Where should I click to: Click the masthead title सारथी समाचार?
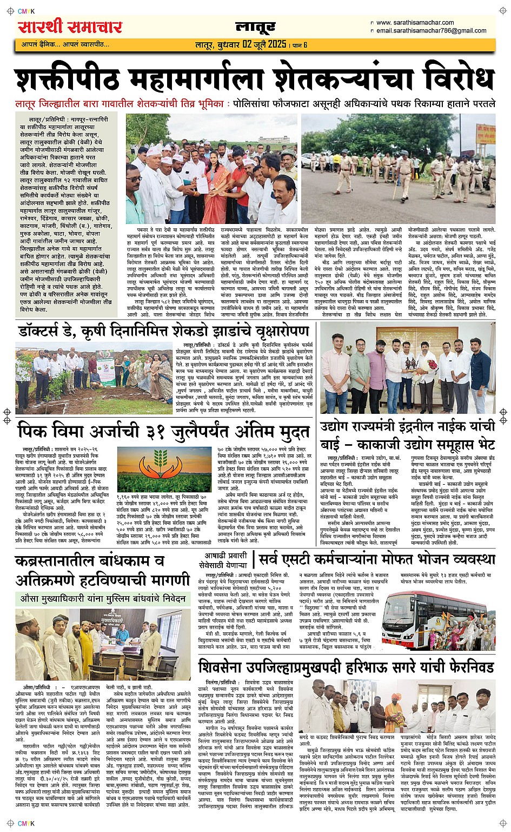70,27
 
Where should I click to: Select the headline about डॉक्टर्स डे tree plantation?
163,330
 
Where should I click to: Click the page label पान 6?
298,44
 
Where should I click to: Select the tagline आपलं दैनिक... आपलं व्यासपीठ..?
65,44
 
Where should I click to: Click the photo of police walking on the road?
398,161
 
